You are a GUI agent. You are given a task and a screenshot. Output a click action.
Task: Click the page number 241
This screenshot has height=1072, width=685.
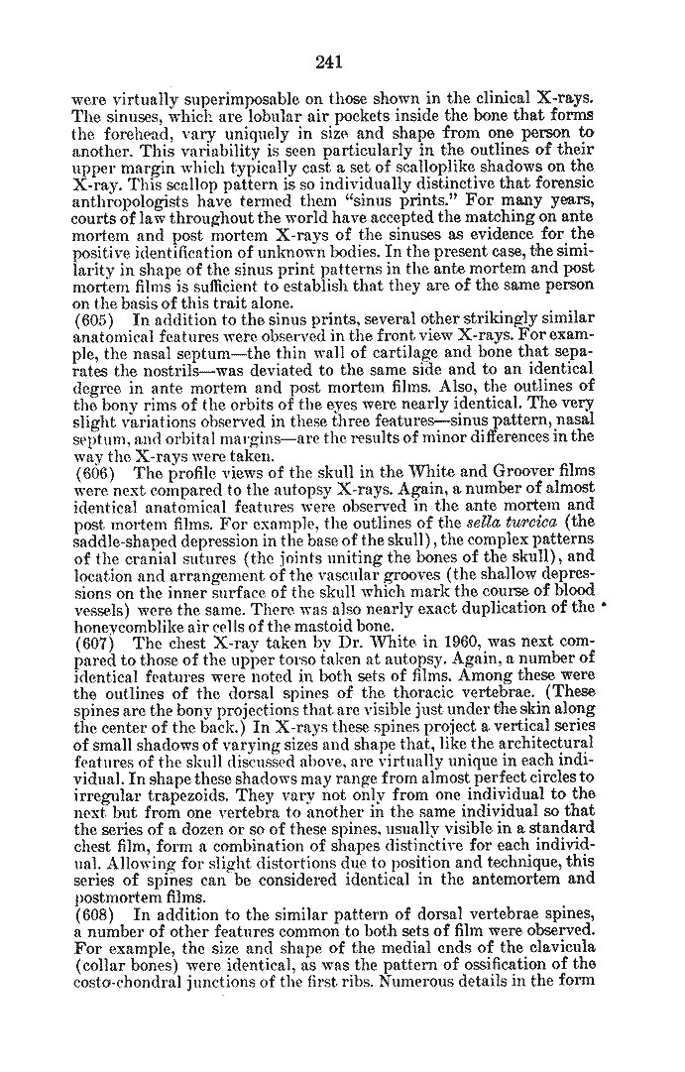tap(329, 62)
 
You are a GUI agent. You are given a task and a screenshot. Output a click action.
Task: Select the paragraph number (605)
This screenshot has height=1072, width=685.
tap(94, 318)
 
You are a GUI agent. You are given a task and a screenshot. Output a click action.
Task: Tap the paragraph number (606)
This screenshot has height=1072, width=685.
tap(94, 473)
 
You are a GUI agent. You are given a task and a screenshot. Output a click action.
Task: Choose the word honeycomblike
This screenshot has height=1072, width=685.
tap(130, 625)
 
